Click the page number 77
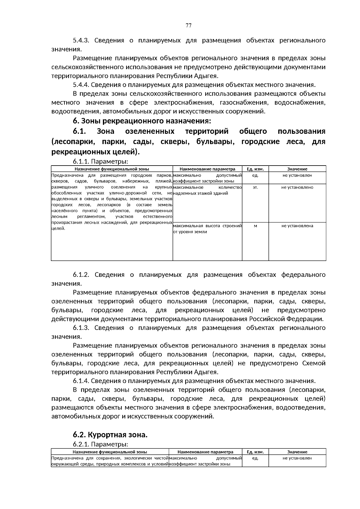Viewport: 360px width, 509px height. (x=188, y=25)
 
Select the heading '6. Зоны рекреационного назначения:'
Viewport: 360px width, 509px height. (x=142, y=121)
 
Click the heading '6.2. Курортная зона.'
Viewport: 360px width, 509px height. (x=110, y=435)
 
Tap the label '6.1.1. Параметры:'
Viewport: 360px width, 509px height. (x=100, y=162)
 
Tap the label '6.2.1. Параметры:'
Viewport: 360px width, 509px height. (x=100, y=444)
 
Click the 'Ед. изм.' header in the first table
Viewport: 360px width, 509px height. (x=255, y=169)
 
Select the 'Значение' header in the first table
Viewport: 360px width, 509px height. (x=297, y=169)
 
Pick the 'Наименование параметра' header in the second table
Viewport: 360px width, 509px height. (x=205, y=452)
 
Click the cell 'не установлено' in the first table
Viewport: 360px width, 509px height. (x=297, y=187)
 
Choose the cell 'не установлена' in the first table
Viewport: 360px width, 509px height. (x=297, y=226)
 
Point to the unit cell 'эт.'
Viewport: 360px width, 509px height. (x=255, y=187)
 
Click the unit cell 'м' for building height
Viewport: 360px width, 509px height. (x=255, y=226)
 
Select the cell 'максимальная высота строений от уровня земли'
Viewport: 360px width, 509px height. (x=207, y=229)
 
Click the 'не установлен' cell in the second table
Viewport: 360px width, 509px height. (x=297, y=458)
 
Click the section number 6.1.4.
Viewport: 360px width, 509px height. (x=81, y=381)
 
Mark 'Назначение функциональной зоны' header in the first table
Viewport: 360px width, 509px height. (x=112, y=169)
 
